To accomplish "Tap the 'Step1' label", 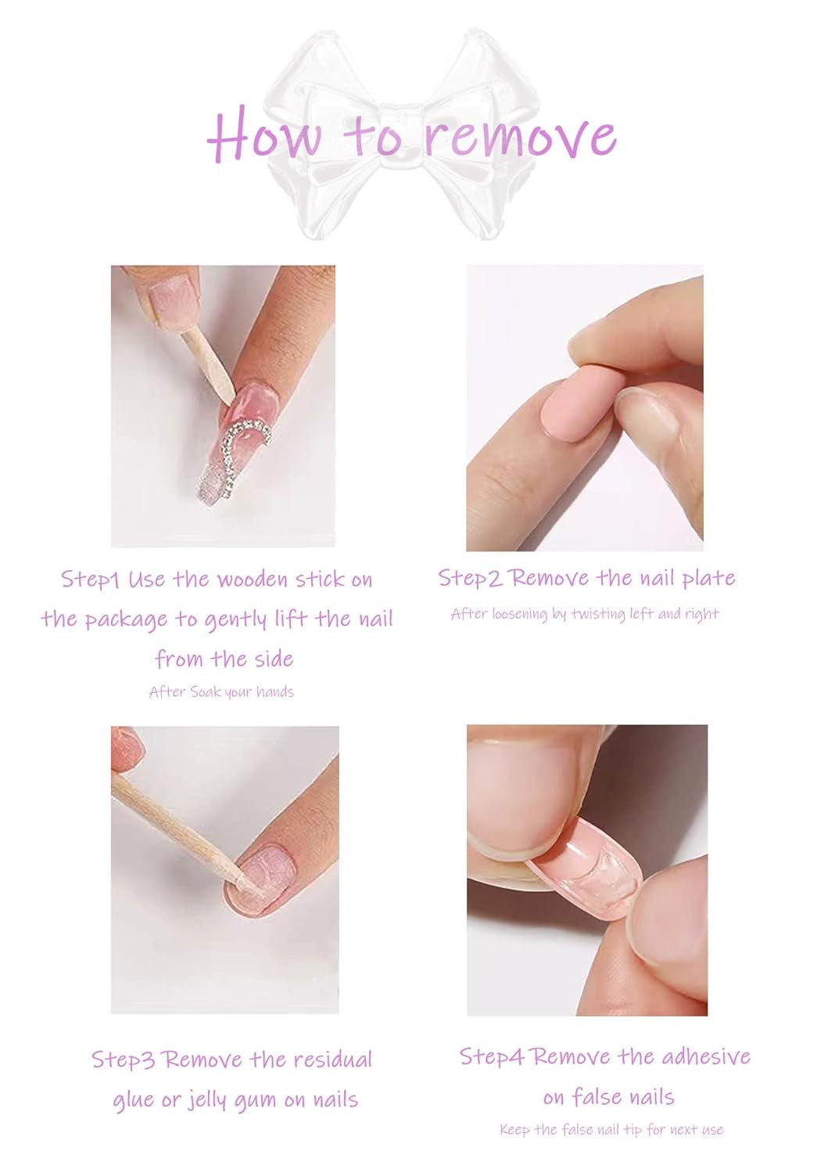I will click(x=90, y=579).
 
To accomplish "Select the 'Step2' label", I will click(x=469, y=579).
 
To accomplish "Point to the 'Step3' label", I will click(x=123, y=1060).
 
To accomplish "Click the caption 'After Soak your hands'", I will click(x=221, y=692).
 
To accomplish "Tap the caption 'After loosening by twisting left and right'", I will click(x=584, y=614).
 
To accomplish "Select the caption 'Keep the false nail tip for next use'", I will click(x=611, y=1130).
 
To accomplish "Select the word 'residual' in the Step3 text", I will click(x=334, y=1060).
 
